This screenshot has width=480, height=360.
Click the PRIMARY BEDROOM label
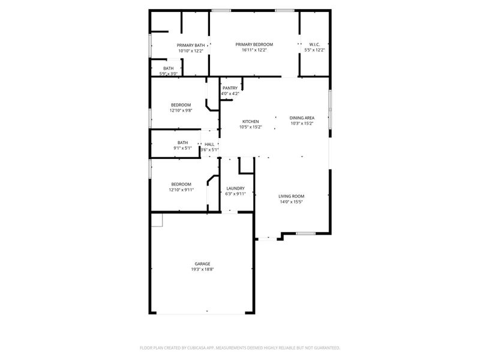[254, 44]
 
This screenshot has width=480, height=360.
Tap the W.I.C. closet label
[314, 44]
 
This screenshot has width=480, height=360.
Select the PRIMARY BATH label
[191, 45]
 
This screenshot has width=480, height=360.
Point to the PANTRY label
[230, 88]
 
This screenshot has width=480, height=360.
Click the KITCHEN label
[250, 121]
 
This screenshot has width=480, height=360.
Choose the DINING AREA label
[302, 118]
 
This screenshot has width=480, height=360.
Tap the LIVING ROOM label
[292, 196]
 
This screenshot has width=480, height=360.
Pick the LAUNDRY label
[235, 188]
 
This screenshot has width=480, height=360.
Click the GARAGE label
[202, 264]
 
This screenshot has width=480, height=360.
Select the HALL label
[209, 145]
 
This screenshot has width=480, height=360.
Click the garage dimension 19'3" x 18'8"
[202, 269]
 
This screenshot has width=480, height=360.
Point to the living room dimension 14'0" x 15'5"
[292, 202]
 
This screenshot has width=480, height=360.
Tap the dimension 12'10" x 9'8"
[181, 110]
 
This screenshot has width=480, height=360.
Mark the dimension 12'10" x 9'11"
[181, 190]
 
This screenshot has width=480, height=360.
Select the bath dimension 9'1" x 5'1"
[182, 148]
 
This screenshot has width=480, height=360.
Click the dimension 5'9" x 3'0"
[169, 74]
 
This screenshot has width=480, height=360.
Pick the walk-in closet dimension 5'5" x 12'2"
[314, 50]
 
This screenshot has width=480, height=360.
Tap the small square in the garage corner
[157, 220]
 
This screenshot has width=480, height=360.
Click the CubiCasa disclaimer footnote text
[240, 347]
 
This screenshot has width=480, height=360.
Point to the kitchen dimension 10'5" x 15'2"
[250, 127]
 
